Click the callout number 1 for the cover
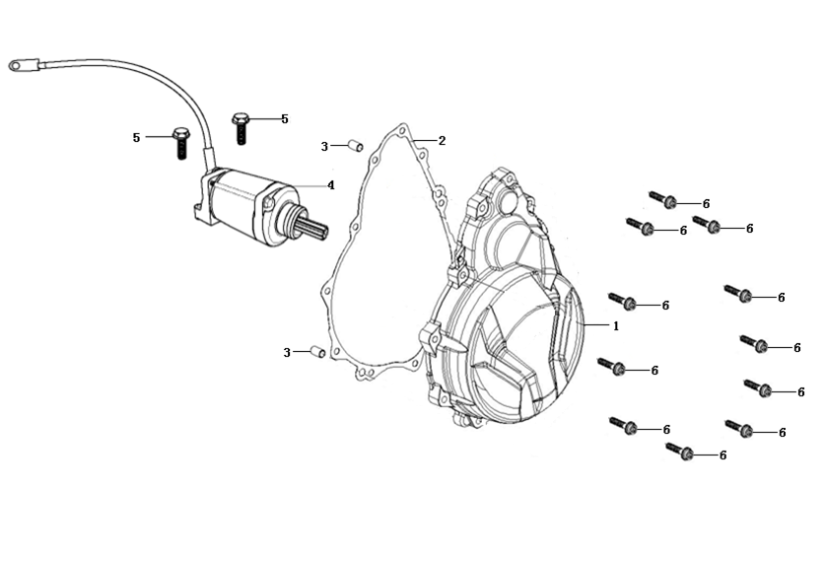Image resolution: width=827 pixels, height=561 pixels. (616, 325)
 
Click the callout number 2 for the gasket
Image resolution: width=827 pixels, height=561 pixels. (442, 141)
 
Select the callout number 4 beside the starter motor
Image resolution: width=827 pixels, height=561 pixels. (331, 184)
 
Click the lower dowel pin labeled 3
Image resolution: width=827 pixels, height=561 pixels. (316, 350)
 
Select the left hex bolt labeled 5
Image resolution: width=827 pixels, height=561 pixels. (180, 143)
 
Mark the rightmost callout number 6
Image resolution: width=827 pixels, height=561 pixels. (800, 391)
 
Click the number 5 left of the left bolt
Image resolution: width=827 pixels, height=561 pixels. (137, 138)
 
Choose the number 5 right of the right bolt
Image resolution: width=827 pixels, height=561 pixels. (284, 119)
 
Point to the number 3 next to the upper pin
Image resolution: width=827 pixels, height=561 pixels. (324, 147)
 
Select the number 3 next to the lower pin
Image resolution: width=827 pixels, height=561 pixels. (287, 352)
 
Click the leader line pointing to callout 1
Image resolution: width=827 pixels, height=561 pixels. (596, 324)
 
